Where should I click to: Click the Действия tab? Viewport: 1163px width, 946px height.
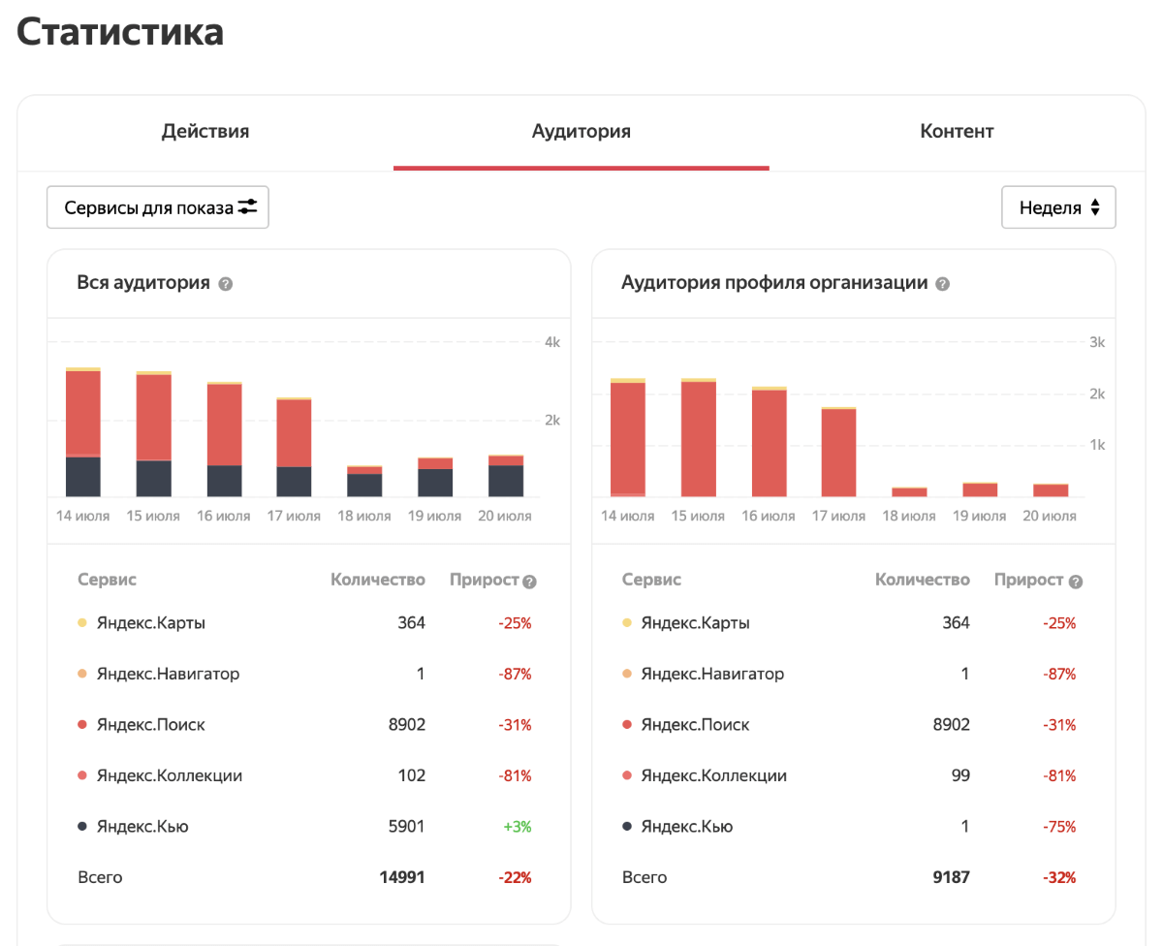[x=205, y=132]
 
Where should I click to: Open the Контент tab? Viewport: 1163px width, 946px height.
[x=957, y=132]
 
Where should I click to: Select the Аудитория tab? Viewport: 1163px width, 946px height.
[x=581, y=132]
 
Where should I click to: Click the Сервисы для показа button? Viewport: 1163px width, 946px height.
[x=158, y=207]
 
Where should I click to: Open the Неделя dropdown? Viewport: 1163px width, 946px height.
[x=1058, y=207]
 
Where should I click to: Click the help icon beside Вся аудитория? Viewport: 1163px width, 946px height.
[x=226, y=284]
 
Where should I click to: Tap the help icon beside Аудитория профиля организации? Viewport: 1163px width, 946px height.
[x=943, y=284]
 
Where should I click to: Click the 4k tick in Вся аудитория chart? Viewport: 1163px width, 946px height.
[x=552, y=342]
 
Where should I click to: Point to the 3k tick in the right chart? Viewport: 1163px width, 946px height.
[x=1097, y=342]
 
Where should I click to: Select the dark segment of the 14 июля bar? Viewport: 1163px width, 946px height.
[x=83, y=476]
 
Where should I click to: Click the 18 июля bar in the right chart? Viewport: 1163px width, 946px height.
[x=909, y=491]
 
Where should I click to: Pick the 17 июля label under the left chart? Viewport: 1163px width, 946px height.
[x=294, y=516]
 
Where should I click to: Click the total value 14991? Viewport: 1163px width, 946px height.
[x=401, y=877]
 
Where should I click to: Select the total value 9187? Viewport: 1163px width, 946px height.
[x=950, y=877]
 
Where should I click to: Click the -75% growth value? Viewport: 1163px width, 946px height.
[x=1059, y=827]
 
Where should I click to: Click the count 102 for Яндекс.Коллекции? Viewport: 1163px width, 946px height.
[x=412, y=775]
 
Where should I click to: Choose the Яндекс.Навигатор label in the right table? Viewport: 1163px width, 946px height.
[x=712, y=674]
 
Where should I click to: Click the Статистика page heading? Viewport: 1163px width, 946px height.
[x=120, y=32]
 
